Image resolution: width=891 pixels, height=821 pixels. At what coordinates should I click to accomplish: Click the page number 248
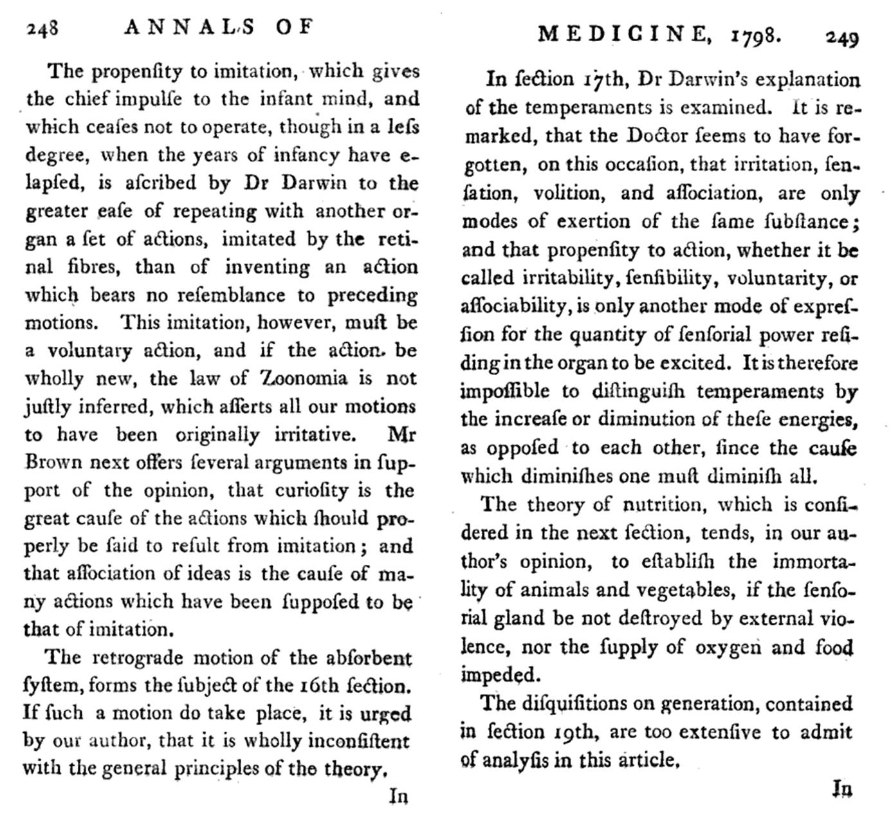point(42,28)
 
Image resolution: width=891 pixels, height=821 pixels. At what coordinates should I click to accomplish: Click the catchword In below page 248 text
point(399,797)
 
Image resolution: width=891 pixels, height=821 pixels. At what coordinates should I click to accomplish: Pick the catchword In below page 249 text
point(842,789)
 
